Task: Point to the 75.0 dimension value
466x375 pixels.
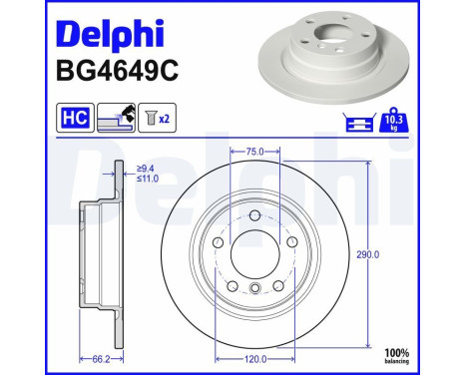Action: click(254, 153)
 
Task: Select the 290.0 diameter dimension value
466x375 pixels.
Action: click(371, 255)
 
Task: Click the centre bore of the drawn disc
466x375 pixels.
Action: click(254, 254)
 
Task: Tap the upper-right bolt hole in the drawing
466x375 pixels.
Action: click(290, 241)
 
